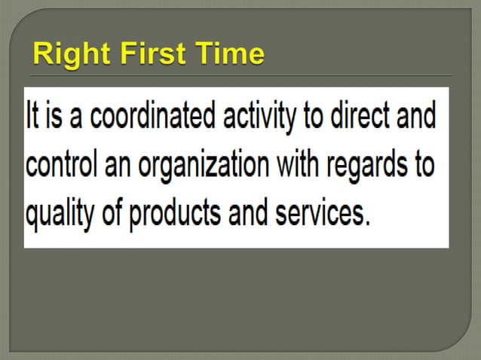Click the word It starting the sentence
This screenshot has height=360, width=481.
(32, 118)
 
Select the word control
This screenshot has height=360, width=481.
(58, 166)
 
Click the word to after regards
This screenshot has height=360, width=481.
(425, 166)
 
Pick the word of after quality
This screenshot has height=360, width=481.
(113, 213)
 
